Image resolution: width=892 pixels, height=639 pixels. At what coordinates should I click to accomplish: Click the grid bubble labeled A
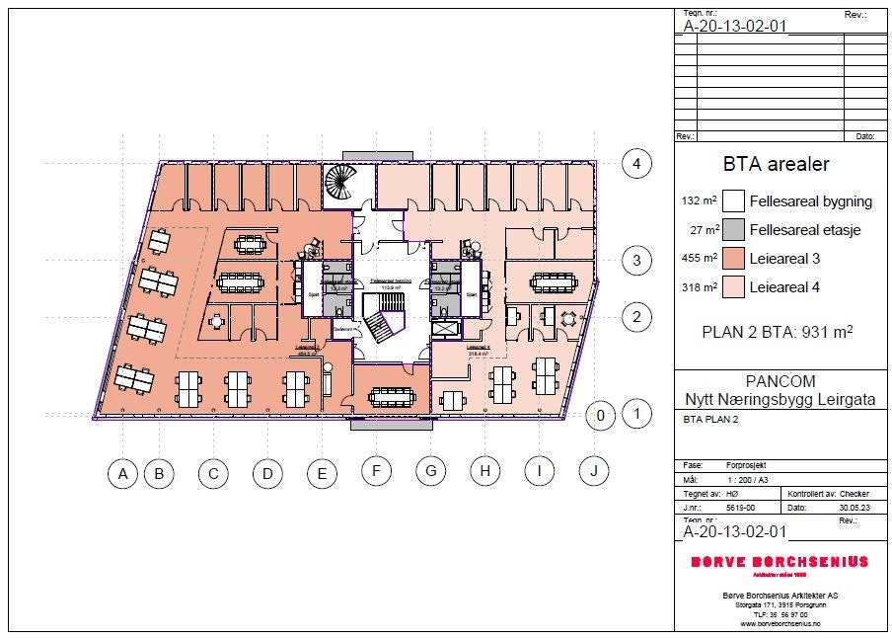123,474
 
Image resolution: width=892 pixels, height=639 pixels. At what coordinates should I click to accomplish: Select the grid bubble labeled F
376,472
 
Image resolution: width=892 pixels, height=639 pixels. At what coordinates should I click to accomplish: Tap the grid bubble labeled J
593,471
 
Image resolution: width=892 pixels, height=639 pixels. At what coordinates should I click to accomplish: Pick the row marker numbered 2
637,317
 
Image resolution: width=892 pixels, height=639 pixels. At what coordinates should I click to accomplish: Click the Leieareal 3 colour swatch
732,259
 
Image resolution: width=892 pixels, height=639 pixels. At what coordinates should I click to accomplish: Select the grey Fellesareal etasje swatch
732,230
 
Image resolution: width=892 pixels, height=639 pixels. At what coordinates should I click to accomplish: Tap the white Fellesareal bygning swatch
732,201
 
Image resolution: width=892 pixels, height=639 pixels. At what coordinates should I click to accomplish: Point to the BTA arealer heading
777,164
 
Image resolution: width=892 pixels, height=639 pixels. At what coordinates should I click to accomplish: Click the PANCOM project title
776,381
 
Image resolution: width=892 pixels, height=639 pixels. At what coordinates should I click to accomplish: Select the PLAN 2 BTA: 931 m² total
777,332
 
